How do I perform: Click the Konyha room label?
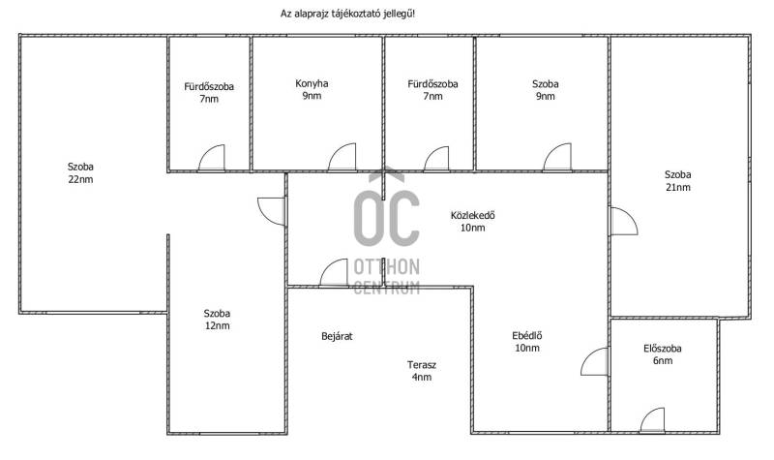pyautogui.click(x=312, y=83)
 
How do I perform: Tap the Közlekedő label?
pyautogui.click(x=472, y=215)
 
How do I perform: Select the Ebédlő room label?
pyautogui.click(x=526, y=336)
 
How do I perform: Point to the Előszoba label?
pyautogui.click(x=663, y=349)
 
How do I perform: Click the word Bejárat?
pyautogui.click(x=337, y=336)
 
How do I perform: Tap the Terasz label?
pyautogui.click(x=422, y=365)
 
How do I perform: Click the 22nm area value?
pyautogui.click(x=80, y=179)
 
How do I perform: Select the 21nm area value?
pyautogui.click(x=678, y=187)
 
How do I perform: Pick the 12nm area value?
pyautogui.click(x=217, y=325)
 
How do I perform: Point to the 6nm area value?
pyautogui.click(x=663, y=360)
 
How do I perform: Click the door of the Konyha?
pyautogui.click(x=342, y=158)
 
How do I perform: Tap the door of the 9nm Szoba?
pyautogui.click(x=557, y=158)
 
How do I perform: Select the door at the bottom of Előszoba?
pyautogui.click(x=652, y=420)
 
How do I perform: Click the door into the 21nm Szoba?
pyautogui.click(x=624, y=221)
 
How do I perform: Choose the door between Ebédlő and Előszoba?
pyautogui.click(x=594, y=361)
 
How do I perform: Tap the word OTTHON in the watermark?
pyautogui.click(x=386, y=267)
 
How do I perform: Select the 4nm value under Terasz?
pyautogui.click(x=422, y=377)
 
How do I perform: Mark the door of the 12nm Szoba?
pyautogui.click(x=272, y=211)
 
